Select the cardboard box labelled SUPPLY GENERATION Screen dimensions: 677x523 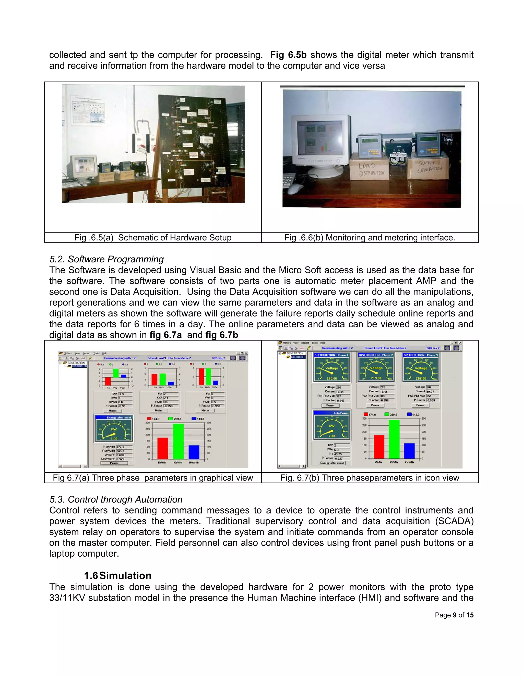point(429,167)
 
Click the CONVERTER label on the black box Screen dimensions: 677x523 point(398,155)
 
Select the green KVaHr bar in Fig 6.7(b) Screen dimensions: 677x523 point(394,439)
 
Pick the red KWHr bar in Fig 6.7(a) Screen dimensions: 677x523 point(163,448)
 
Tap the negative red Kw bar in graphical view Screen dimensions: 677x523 point(108,381)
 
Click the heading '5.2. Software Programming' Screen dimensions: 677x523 point(106,259)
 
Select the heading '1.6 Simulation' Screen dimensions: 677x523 point(118,576)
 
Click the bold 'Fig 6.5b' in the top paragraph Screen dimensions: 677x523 point(288,55)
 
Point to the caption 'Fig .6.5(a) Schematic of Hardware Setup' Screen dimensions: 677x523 point(153,237)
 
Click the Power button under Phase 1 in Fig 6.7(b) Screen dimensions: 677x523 point(330,405)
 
